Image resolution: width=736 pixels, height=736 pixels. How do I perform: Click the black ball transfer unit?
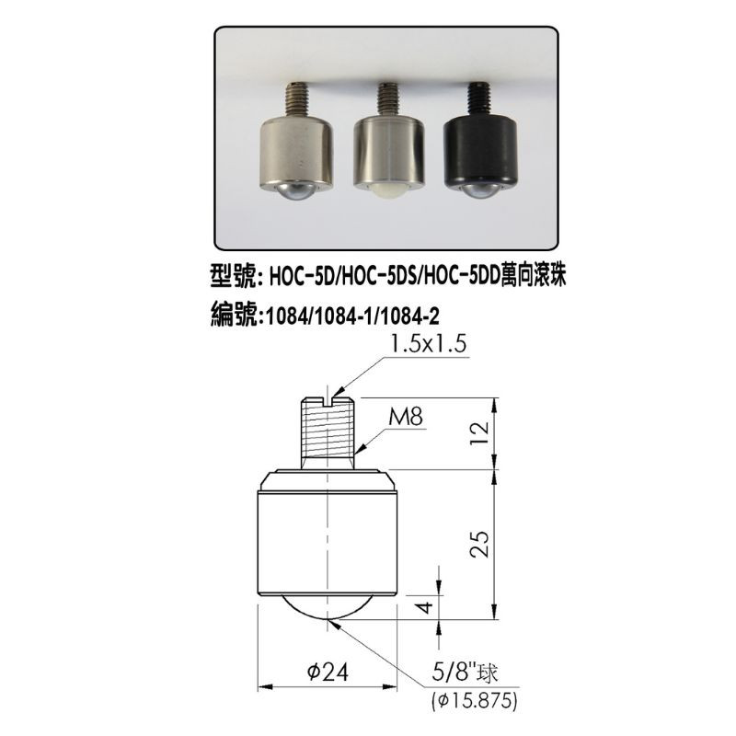point(481,141)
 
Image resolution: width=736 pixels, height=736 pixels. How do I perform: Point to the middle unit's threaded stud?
point(388,98)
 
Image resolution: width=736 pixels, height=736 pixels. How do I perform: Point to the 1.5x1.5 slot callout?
point(428,344)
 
